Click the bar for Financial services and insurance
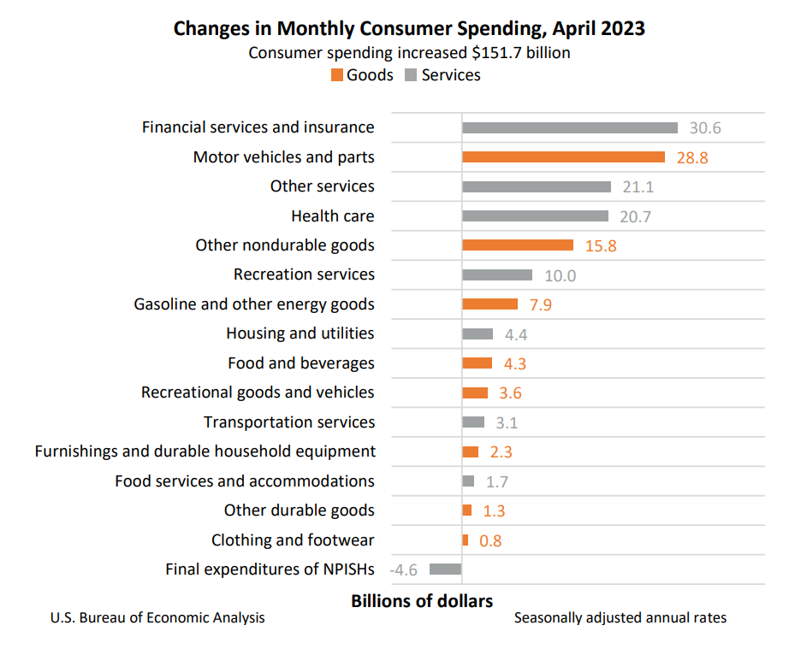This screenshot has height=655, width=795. click(x=570, y=127)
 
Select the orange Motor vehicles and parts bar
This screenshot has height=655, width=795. click(x=563, y=157)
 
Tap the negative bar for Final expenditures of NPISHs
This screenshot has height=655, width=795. click(x=445, y=569)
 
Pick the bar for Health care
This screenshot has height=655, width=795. click(x=535, y=216)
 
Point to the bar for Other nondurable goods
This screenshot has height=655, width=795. click(x=518, y=245)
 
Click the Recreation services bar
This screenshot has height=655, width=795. click(x=497, y=275)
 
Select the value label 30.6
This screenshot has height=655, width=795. click(x=705, y=128)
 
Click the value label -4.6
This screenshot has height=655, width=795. click(x=404, y=569)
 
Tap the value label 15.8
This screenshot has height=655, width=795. click(x=600, y=246)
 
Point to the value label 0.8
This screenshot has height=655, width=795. click(x=490, y=540)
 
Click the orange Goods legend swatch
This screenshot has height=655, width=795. click(x=336, y=75)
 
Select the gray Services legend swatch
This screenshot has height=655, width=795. click(x=411, y=75)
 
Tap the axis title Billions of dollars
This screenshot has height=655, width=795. click(x=422, y=601)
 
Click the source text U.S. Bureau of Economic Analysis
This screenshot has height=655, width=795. click(x=157, y=617)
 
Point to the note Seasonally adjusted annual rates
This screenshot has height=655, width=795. click(x=620, y=617)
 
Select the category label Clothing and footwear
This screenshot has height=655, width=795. click(x=293, y=540)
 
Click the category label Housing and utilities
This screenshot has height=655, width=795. click(x=300, y=333)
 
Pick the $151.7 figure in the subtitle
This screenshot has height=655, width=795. click(x=499, y=53)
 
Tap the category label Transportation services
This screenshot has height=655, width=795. click(x=289, y=422)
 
